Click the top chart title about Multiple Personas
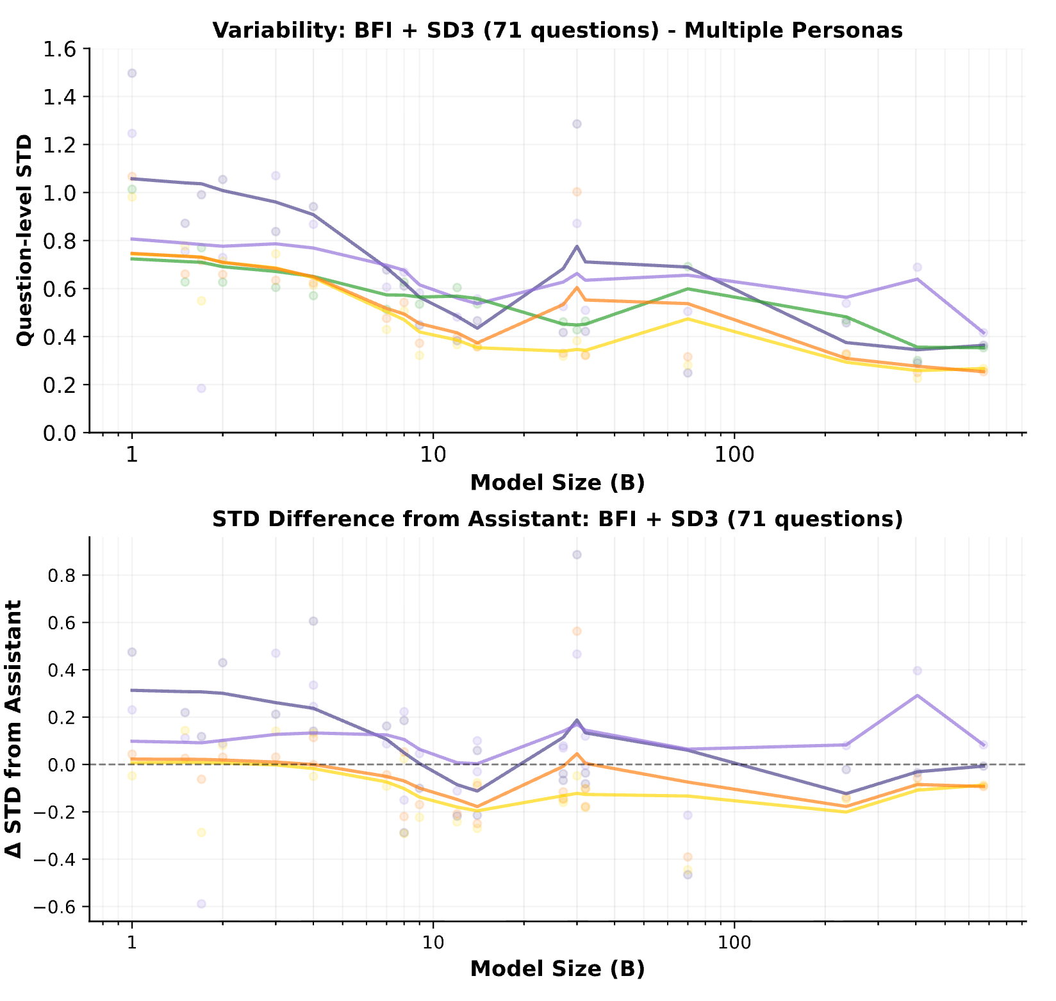[557, 30]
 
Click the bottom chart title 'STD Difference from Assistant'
[557, 519]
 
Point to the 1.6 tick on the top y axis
[59, 49]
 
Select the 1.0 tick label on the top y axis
[59, 194]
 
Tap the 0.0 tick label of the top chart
[59, 434]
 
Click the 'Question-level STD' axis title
[24, 240]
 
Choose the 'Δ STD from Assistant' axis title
[14, 729]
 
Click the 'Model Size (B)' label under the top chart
[557, 483]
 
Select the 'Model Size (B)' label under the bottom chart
[557, 969]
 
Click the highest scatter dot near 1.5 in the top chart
[132, 73]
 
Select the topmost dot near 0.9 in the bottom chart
[577, 554]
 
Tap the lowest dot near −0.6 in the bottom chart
[201, 904]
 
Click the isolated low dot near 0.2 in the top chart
[201, 388]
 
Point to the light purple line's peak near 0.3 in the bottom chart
[918, 695]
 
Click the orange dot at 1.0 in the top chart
[577, 192]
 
